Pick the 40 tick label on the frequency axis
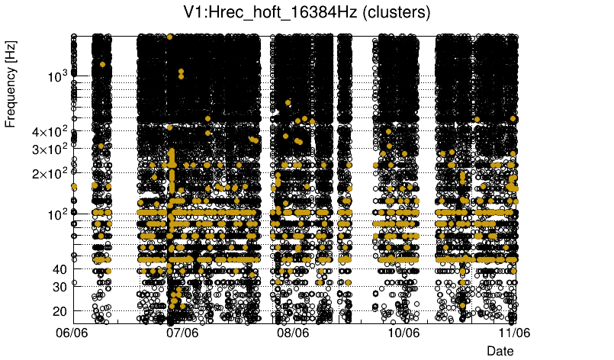[60, 269]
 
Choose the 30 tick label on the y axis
[60, 287]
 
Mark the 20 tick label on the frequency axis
[60, 311]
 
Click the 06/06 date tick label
[73, 333]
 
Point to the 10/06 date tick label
[403, 333]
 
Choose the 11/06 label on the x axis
[514, 333]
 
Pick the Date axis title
[500, 351]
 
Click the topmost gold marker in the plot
[169, 37]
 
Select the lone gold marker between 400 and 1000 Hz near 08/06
[288, 102]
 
